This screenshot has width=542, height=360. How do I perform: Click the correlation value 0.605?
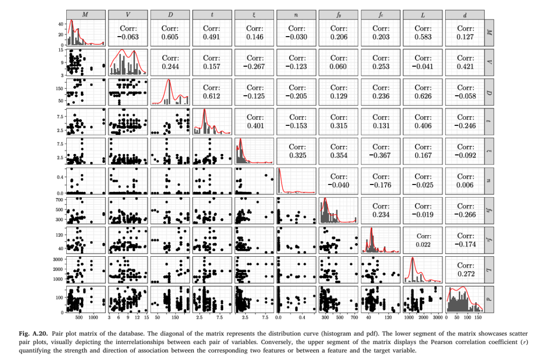(x=171, y=37)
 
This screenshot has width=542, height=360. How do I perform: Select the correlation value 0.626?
(x=424, y=96)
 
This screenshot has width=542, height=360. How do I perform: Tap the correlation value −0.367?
(x=381, y=155)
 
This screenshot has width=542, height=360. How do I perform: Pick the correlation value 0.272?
(x=466, y=274)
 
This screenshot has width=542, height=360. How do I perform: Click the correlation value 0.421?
(x=466, y=66)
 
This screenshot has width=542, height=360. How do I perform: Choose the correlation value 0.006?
(x=466, y=185)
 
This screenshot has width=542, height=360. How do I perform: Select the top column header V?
(x=128, y=15)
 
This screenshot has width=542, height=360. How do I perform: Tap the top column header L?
(x=424, y=15)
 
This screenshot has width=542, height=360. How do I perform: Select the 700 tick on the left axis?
(x=57, y=200)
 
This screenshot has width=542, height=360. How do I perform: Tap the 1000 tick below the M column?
(x=93, y=317)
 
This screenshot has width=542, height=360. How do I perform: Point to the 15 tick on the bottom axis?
(x=146, y=317)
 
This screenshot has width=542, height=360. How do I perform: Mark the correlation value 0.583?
(x=424, y=37)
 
